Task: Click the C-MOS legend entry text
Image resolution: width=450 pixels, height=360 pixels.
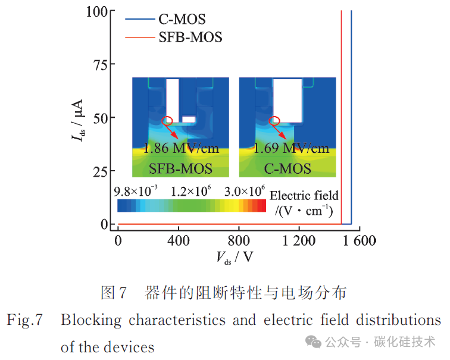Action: click(182, 19)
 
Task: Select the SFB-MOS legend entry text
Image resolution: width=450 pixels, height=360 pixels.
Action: click(190, 37)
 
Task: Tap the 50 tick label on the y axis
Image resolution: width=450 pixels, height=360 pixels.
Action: click(100, 118)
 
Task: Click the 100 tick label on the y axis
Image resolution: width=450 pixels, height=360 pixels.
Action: click(97, 12)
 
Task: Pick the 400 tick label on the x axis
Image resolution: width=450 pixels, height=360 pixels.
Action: click(178, 240)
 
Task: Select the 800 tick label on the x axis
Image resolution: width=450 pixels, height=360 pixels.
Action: click(239, 240)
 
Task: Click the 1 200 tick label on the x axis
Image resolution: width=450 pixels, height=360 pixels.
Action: click(299, 240)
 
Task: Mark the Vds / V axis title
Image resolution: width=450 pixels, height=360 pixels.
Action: click(235, 257)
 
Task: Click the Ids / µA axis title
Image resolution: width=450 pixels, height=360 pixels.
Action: click(77, 120)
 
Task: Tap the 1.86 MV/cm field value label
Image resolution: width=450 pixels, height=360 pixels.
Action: click(181, 148)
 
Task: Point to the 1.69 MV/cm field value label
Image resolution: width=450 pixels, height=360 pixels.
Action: click(291, 148)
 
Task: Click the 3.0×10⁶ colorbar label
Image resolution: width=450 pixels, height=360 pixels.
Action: click(245, 191)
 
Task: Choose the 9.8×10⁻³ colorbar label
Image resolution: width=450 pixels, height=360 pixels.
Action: click(136, 191)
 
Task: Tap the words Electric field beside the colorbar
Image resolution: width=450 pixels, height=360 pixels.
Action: click(304, 196)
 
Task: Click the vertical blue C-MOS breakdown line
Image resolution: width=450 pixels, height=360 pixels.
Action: click(351, 117)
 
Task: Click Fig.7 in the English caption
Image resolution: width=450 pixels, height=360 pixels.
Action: click(24, 320)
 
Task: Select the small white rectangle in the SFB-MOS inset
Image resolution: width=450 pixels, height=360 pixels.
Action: click(189, 120)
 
